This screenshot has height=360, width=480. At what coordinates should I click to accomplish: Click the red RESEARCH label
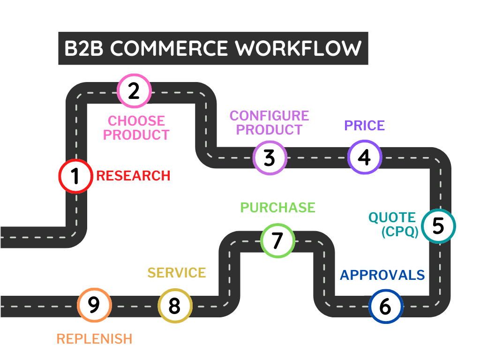(133, 176)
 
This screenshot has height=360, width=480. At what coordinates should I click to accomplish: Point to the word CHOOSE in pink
(136, 121)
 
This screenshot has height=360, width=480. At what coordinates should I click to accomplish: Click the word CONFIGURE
(270, 116)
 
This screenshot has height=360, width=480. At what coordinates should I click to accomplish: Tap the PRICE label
(365, 126)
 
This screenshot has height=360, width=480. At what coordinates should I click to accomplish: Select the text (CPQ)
(400, 232)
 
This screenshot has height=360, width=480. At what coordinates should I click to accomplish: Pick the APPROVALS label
(382, 275)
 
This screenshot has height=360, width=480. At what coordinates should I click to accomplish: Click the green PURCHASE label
(277, 208)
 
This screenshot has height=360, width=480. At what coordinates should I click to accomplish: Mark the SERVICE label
(177, 273)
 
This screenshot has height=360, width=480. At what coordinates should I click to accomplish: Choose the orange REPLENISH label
(94, 339)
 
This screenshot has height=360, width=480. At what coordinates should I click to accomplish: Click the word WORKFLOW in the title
(298, 48)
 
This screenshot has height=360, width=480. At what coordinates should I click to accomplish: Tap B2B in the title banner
(84, 48)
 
